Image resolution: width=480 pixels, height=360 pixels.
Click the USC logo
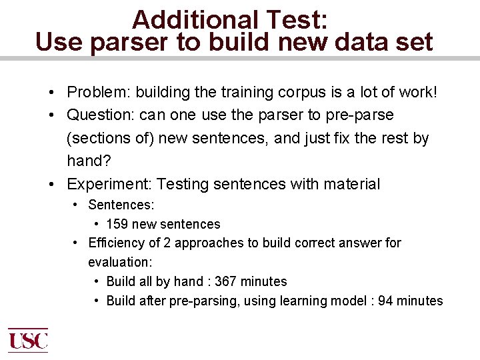(x=28, y=341)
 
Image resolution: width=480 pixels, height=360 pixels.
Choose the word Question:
(x=101, y=115)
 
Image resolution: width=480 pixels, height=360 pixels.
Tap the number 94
(x=385, y=301)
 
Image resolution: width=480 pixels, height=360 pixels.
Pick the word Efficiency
(x=116, y=243)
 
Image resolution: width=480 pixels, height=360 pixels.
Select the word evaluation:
(x=119, y=262)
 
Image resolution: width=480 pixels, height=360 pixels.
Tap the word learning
(x=298, y=301)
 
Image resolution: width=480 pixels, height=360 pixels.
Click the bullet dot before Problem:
(x=51, y=92)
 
